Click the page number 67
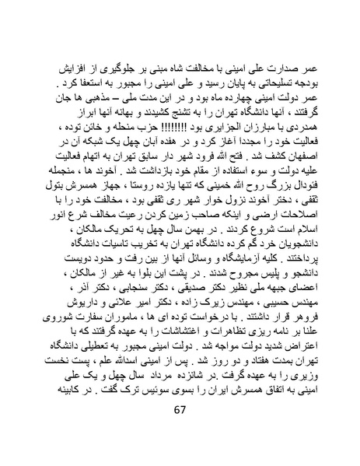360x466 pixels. point(180,433)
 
